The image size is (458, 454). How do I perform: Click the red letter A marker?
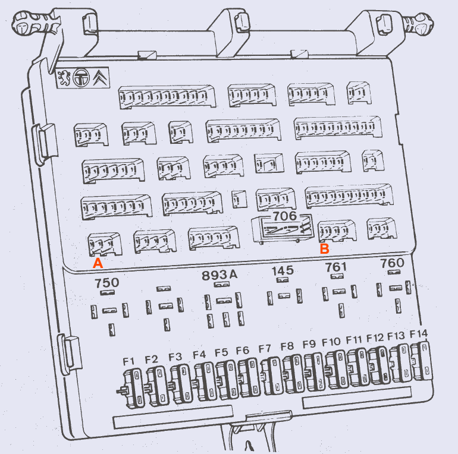tap(98, 263)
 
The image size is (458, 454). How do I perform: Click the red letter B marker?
tap(325, 249)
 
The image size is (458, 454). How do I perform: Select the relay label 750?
tap(107, 282)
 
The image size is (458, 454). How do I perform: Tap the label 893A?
tap(219, 275)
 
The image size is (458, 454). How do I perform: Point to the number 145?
tap(283, 270)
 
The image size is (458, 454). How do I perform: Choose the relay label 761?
tap(336, 267)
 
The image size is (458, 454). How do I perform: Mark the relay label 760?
tap(393, 263)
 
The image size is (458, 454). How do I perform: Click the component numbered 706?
tap(283, 229)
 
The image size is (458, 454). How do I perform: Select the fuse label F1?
tap(128, 361)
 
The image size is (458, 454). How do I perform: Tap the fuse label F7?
tap(265, 348)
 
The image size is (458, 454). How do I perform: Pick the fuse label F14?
tap(419, 334)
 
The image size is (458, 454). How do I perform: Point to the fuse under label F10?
tap(337, 370)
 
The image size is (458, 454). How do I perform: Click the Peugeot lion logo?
tap(64, 78)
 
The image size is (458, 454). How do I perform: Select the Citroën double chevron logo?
tap(100, 78)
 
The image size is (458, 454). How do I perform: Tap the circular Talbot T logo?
tap(81, 78)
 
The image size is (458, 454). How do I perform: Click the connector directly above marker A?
tap(105, 244)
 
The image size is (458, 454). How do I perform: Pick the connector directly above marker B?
tap(337, 231)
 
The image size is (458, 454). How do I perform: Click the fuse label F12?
tap(375, 338)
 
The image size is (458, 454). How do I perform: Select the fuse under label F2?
tap(158, 386)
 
